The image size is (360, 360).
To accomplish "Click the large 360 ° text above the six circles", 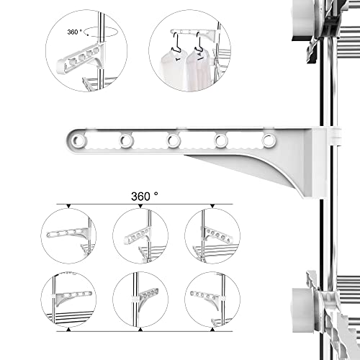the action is [145, 197].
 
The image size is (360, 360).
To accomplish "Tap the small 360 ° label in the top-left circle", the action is [75, 32].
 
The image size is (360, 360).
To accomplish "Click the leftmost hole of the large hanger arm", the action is [78, 140].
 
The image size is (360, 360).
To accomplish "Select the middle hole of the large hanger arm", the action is [173, 140].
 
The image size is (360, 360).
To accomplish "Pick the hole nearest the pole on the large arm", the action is [269, 140].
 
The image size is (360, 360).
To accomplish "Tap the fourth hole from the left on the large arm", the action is [221, 140].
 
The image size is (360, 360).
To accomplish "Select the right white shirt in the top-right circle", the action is [198, 70].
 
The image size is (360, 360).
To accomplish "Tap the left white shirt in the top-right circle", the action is [174, 70].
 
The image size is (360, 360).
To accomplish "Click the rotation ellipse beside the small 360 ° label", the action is [102, 32].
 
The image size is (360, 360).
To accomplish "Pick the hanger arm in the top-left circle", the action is [81, 58].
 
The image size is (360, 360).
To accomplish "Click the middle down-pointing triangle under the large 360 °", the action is [140, 206].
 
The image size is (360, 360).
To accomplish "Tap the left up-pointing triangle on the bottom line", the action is [69, 330].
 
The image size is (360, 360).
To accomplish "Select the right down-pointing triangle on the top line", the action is [212, 206].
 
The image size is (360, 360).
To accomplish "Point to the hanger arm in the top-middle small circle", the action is [138, 237].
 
